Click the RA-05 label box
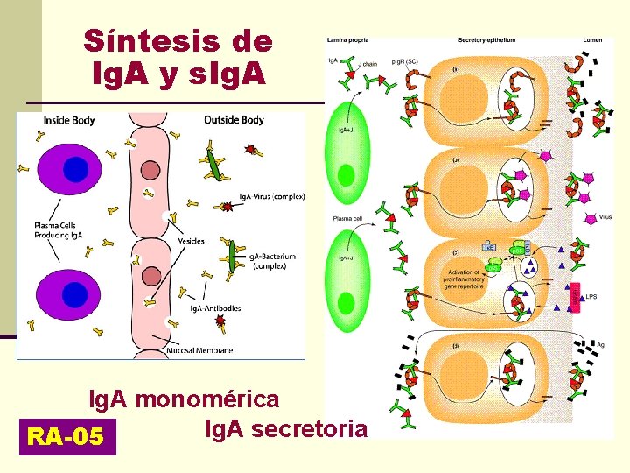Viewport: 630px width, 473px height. coord(66,435)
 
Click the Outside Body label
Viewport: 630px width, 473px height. coord(234,120)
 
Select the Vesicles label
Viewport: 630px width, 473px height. coord(191,241)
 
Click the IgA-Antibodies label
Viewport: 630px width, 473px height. coord(215,308)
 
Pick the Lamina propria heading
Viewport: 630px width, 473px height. coord(347,40)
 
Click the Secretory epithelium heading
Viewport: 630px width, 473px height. coord(486,40)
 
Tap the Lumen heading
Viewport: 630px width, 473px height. coord(592,40)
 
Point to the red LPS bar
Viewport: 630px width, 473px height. coord(576,298)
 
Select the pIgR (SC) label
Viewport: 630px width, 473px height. coord(404,61)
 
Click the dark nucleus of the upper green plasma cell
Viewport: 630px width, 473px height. coord(347,176)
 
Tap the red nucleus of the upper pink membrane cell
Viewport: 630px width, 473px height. coord(150,170)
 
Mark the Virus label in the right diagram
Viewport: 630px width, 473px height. coord(605,215)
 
